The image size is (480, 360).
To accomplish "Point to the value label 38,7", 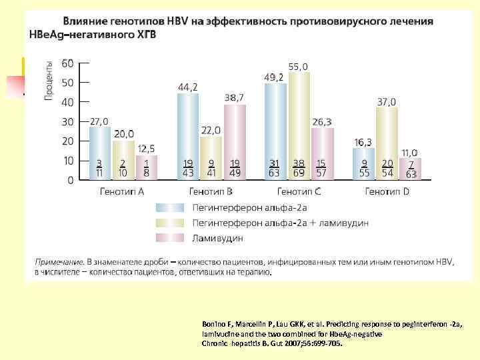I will (234, 98).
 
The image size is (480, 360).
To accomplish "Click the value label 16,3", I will (363, 142).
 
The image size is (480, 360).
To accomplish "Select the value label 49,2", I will (274, 77).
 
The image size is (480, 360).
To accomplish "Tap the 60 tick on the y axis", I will (67, 63).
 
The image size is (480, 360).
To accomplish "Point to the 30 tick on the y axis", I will (67, 122).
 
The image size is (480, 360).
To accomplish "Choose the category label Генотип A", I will (122, 191).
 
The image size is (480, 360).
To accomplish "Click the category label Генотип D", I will (387, 191).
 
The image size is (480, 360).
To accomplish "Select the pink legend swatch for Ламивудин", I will (167, 237).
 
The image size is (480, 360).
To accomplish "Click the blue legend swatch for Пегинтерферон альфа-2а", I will (167, 207).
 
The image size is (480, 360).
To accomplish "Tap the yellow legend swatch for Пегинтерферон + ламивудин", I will (167, 222).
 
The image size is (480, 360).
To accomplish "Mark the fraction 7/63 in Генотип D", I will (411, 169).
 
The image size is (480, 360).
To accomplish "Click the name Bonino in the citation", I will (214, 323).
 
